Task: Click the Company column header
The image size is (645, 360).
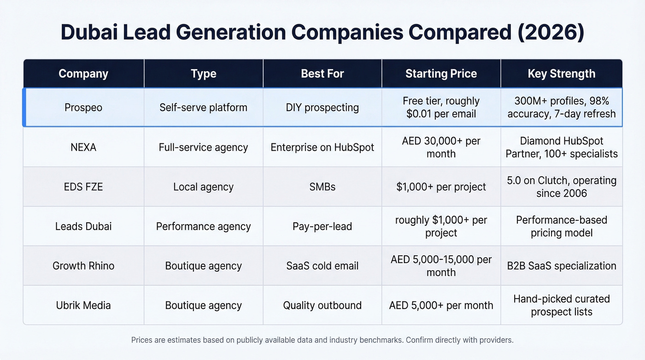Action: (x=83, y=74)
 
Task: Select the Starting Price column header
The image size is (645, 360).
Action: (x=441, y=74)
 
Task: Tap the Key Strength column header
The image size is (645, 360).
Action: (x=561, y=74)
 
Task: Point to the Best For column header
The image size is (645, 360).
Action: (x=322, y=74)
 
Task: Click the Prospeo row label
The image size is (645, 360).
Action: (x=83, y=107)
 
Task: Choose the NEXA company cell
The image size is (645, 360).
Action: (x=83, y=148)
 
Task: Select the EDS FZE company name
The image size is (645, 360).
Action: (x=83, y=187)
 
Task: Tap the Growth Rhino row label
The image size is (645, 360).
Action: (x=83, y=266)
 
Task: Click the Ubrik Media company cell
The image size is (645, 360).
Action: (x=83, y=305)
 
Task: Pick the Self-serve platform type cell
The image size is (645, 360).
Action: (x=203, y=107)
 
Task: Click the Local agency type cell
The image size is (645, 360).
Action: (x=203, y=187)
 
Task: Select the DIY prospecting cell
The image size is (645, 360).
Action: (x=322, y=107)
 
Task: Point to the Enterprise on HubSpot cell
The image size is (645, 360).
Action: (x=322, y=148)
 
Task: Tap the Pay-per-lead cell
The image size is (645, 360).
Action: (x=322, y=226)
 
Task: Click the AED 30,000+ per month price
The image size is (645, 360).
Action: (x=441, y=148)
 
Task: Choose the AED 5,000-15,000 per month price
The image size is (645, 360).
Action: (x=441, y=266)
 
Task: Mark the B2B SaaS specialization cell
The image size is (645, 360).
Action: (x=561, y=266)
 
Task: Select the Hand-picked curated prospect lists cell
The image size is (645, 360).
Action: (x=561, y=305)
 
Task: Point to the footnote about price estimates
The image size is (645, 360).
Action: (x=322, y=340)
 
